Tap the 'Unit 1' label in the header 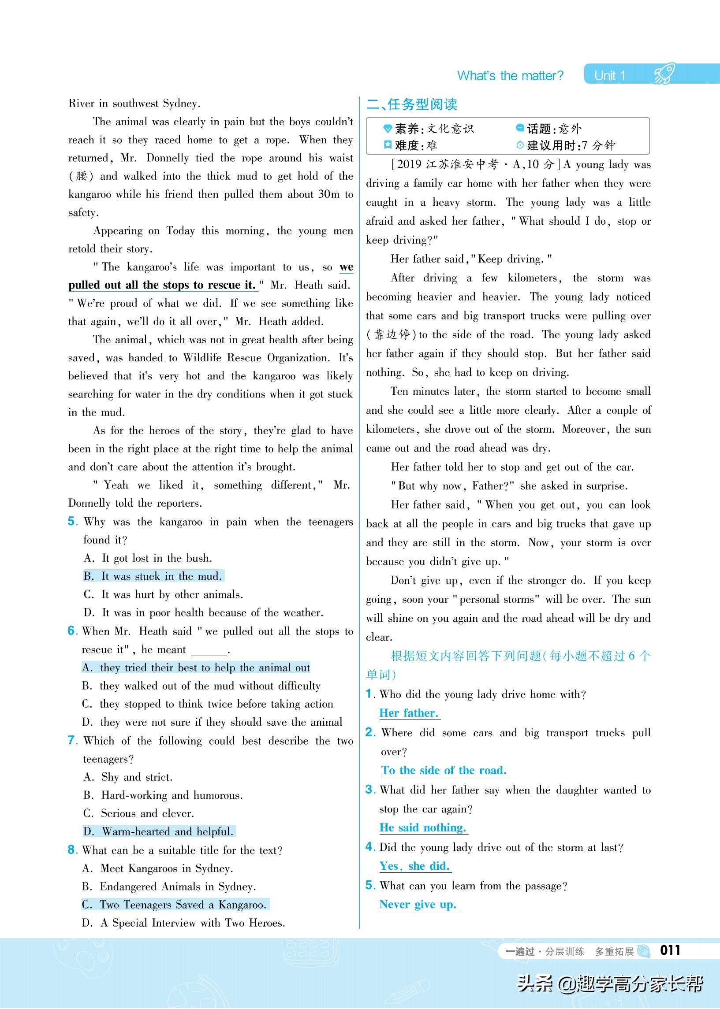pyautogui.click(x=610, y=76)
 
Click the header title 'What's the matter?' pyautogui.click(x=510, y=76)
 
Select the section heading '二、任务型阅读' pyautogui.click(x=411, y=104)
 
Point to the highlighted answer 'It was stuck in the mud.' pyautogui.click(x=154, y=576)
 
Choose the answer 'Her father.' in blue pyautogui.click(x=409, y=713)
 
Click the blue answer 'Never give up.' pyautogui.click(x=418, y=905)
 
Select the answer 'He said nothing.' pyautogui.click(x=422, y=827)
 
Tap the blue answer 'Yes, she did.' pyautogui.click(x=414, y=866)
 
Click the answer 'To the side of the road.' pyautogui.click(x=444, y=770)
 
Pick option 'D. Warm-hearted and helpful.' pyautogui.click(x=159, y=831)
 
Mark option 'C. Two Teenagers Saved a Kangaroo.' pyautogui.click(x=175, y=905)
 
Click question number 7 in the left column pyautogui.click(x=73, y=741)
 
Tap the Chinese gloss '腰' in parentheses pyautogui.click(x=82, y=176)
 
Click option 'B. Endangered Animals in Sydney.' pyautogui.click(x=169, y=887)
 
